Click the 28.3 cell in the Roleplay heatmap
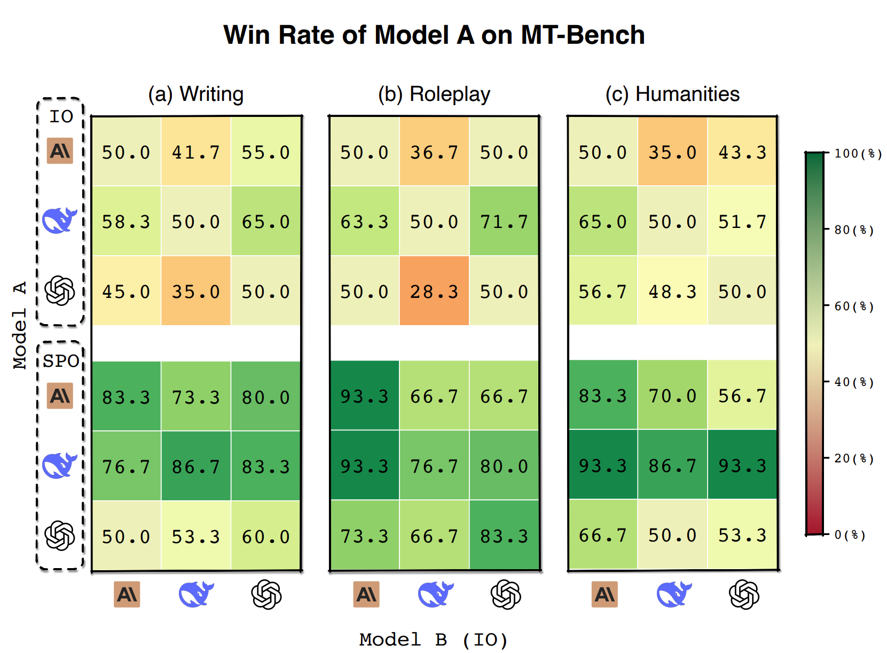pyautogui.click(x=434, y=292)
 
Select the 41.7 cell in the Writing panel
pyautogui.click(x=195, y=153)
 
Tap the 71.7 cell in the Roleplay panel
pyautogui.click(x=504, y=222)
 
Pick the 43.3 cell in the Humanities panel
pyautogui.click(x=742, y=153)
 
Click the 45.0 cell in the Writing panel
pyautogui.click(x=126, y=292)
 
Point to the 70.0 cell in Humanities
pyautogui.click(x=672, y=396)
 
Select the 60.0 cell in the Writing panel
pyautogui.click(x=265, y=537)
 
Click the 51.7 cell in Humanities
pyautogui.click(x=742, y=222)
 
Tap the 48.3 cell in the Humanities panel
pyautogui.click(x=672, y=292)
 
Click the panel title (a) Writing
pyautogui.click(x=195, y=94)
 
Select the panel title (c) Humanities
pyautogui.click(x=672, y=94)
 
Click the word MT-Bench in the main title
pyautogui.click(x=582, y=35)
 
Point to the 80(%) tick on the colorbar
pyautogui.click(x=854, y=230)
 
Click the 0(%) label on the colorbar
pyautogui.click(x=850, y=534)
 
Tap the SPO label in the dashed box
pyautogui.click(x=61, y=361)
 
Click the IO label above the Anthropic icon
pyautogui.click(x=61, y=116)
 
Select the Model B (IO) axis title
pyautogui.click(x=433, y=639)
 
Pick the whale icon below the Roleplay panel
pyautogui.click(x=435, y=594)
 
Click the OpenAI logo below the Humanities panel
pyautogui.click(x=743, y=594)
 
